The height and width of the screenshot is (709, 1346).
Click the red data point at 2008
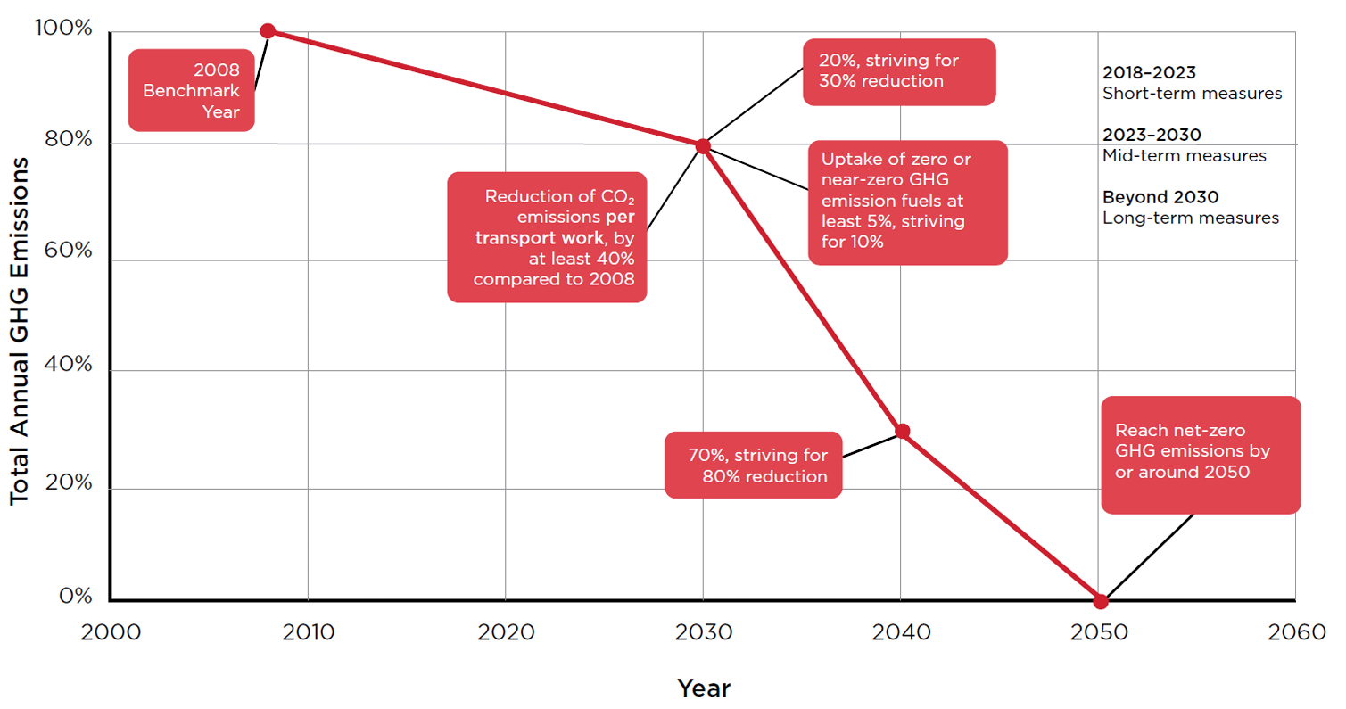click(x=267, y=30)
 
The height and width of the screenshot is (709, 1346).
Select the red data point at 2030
click(x=703, y=146)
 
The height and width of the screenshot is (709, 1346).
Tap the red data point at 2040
click(x=902, y=432)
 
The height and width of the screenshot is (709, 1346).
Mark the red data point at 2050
click(x=1101, y=601)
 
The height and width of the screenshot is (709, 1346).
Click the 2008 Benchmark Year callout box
click(x=191, y=91)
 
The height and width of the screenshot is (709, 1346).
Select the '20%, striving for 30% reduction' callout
click(x=898, y=71)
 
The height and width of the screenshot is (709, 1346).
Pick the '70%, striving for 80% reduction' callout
click(x=753, y=465)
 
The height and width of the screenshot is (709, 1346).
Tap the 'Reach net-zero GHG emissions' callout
click(x=1200, y=455)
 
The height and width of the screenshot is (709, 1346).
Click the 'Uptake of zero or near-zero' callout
click(x=907, y=202)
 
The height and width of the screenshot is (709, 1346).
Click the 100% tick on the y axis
click(x=64, y=29)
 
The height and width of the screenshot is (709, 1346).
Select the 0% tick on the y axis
click(x=77, y=596)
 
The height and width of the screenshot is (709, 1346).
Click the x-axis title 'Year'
click(x=704, y=688)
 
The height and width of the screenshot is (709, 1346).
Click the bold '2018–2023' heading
click(x=1149, y=72)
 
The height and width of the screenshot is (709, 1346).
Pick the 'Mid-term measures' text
click(x=1185, y=156)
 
